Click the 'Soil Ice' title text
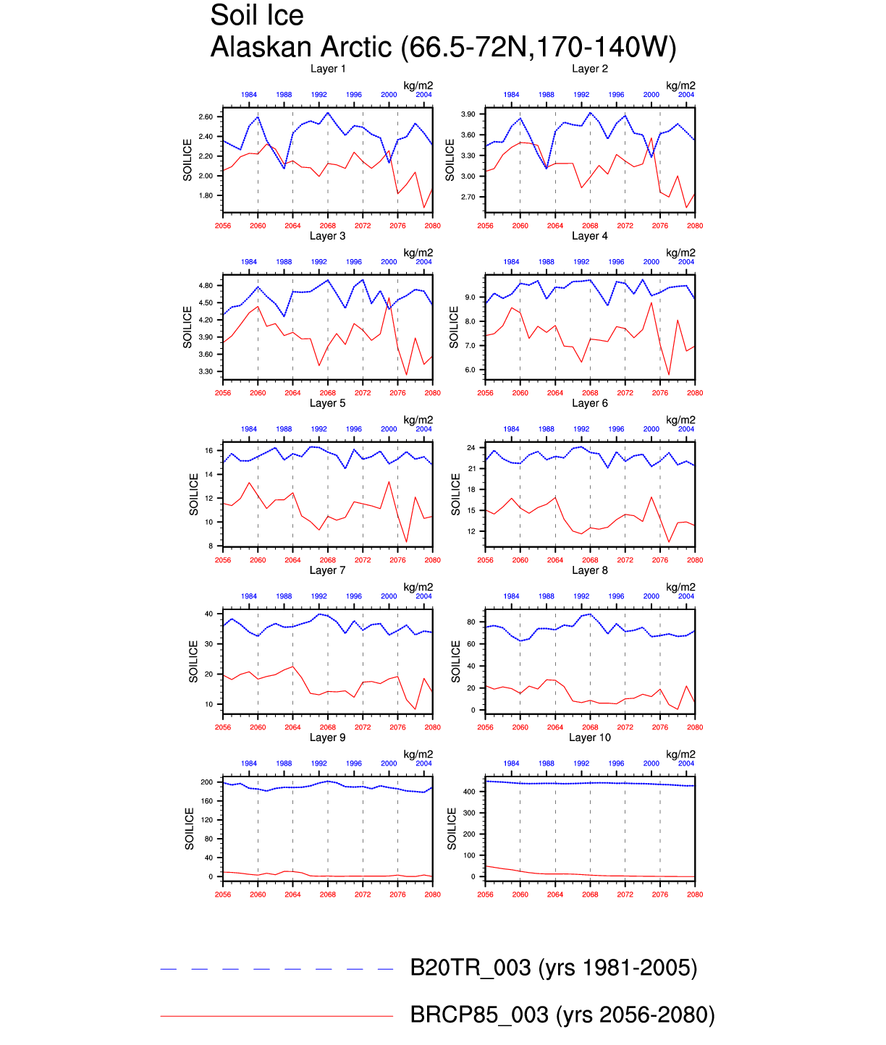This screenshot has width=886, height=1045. (257, 15)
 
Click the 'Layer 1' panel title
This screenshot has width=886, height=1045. (328, 69)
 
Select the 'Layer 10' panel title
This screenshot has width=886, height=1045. (590, 737)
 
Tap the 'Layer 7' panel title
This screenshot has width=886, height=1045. (328, 570)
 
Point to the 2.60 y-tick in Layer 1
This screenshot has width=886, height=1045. (206, 117)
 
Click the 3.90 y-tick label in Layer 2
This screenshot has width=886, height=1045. (468, 114)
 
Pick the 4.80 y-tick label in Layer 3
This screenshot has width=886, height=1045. (206, 286)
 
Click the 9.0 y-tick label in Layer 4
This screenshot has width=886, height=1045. (471, 297)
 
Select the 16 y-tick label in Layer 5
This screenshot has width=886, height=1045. (208, 451)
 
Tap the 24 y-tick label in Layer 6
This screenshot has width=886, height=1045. (471, 448)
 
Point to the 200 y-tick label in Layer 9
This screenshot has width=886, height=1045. (207, 782)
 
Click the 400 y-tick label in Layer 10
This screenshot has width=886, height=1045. (469, 792)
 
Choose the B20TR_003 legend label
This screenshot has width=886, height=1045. (554, 968)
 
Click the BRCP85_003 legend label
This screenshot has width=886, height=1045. (562, 1015)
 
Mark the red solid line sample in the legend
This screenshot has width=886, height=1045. (277, 1016)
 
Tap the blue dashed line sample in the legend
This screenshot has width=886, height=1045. (277, 969)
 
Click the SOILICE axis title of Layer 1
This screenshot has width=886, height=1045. (187, 160)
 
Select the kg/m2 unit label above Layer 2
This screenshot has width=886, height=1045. (680, 85)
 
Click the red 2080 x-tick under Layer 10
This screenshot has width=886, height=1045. (695, 894)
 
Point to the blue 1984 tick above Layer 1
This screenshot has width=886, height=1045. (249, 95)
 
